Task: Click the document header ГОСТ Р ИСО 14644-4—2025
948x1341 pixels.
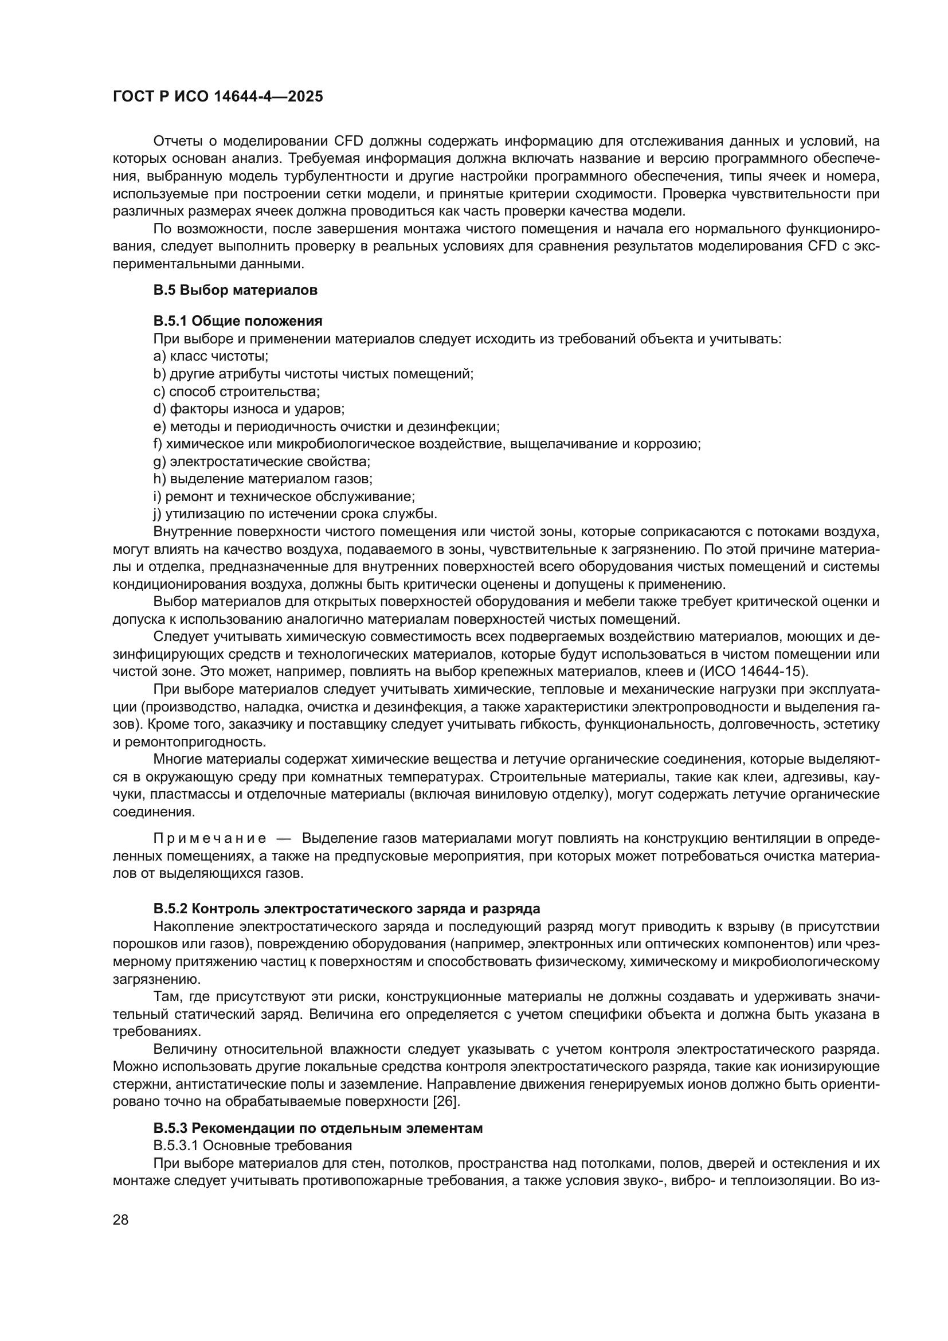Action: pyautogui.click(x=218, y=97)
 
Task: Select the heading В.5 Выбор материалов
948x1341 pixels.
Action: pyautogui.click(x=235, y=290)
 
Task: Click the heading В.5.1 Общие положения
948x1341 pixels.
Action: pyautogui.click(x=238, y=320)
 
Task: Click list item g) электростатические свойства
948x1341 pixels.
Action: pyautogui.click(x=261, y=462)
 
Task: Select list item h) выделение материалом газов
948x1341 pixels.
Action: pyautogui.click(x=263, y=479)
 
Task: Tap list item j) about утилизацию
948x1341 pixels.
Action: pyautogui.click(x=295, y=514)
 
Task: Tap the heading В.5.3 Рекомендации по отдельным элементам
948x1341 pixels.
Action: pyautogui.click(x=318, y=1128)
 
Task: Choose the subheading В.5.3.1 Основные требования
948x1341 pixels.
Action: pyautogui.click(x=253, y=1145)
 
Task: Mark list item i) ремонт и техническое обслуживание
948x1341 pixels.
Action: pyautogui.click(x=284, y=496)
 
